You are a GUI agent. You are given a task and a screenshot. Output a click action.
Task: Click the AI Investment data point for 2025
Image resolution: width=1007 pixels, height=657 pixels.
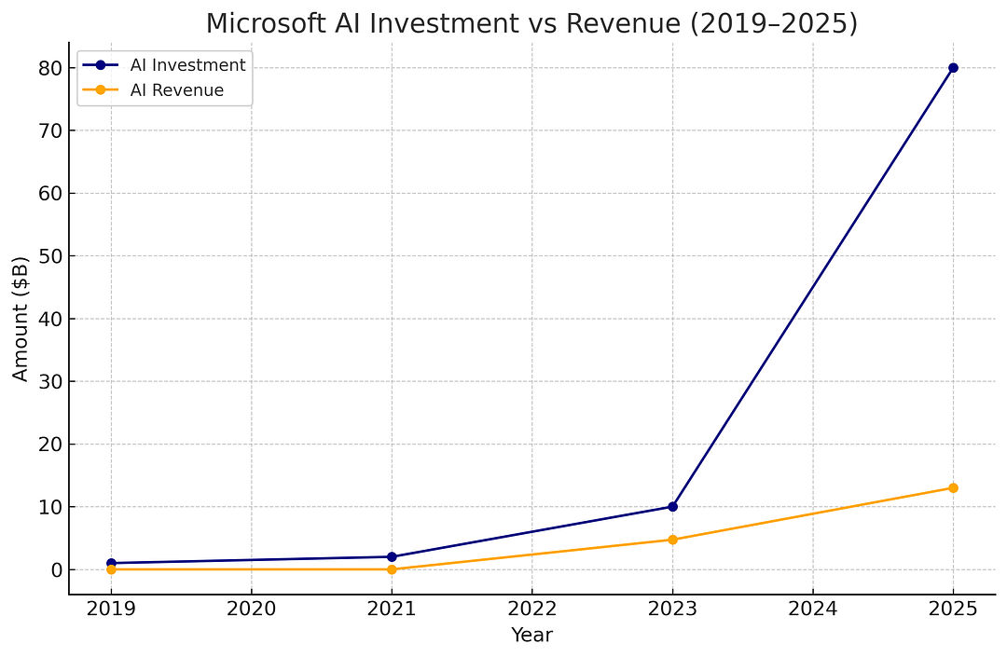pyautogui.click(x=953, y=68)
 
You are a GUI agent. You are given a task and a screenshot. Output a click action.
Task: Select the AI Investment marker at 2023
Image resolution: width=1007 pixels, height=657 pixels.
pyautogui.click(x=672, y=507)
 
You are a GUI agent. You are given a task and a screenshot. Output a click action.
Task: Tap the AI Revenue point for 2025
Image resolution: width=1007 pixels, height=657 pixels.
pyautogui.click(x=953, y=488)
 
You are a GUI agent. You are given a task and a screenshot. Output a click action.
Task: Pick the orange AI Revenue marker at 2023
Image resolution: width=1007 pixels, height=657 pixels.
pyautogui.click(x=672, y=540)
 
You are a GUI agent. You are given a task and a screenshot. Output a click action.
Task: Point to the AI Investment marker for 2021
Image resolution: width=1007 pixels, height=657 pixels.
pyautogui.click(x=392, y=557)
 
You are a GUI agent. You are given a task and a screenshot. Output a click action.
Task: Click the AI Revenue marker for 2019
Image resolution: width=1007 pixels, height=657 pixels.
pyautogui.click(x=111, y=569)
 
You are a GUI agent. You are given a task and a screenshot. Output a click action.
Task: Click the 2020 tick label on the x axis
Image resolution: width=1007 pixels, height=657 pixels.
pyautogui.click(x=251, y=609)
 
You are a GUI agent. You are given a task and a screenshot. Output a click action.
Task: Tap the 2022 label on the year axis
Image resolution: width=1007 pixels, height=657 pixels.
pyautogui.click(x=531, y=609)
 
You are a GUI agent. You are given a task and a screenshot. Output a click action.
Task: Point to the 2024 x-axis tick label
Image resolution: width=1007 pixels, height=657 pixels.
pyautogui.click(x=813, y=609)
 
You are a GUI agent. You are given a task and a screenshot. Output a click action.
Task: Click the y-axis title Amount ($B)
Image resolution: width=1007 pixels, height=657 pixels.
pyautogui.click(x=21, y=319)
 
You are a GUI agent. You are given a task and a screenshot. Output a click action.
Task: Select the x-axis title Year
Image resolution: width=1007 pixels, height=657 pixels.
pyautogui.click(x=531, y=636)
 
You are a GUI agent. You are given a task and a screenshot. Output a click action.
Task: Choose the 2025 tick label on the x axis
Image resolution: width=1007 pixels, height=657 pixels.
pyautogui.click(x=953, y=609)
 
